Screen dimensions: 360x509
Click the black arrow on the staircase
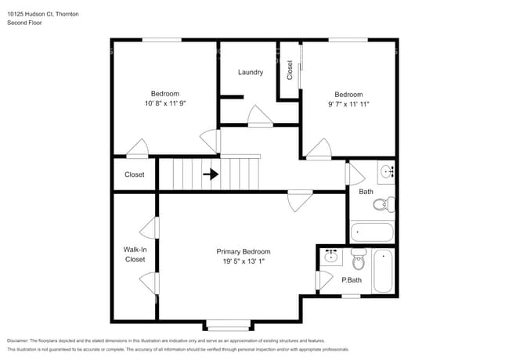211,175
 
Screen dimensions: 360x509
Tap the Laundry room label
251,72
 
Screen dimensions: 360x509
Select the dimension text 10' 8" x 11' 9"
165,103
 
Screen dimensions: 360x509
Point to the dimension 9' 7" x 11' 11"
348,103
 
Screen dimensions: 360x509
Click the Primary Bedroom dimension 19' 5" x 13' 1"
243,261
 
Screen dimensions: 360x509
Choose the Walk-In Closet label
135,254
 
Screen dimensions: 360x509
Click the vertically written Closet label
289,70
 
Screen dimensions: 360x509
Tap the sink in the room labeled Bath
385,171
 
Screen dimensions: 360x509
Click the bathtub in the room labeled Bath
372,232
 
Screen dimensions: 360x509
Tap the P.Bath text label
351,279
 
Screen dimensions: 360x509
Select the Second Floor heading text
24,23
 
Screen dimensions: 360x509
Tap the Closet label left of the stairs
135,175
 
